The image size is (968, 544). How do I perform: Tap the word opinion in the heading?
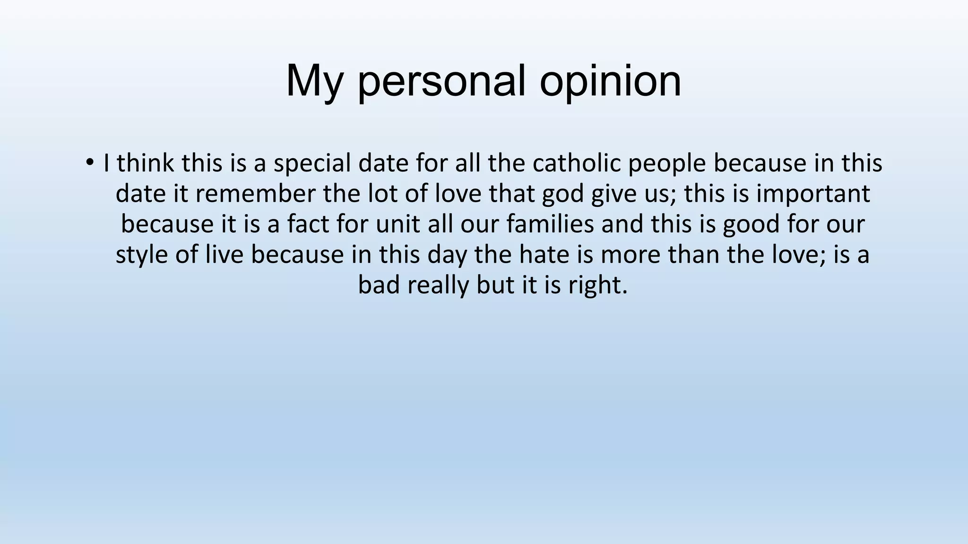coord(611,81)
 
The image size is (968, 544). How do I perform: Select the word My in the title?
coord(314,81)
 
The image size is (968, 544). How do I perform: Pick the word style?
coord(142,255)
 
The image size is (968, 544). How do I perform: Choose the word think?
coord(146,163)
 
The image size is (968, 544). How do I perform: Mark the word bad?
coord(379,285)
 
